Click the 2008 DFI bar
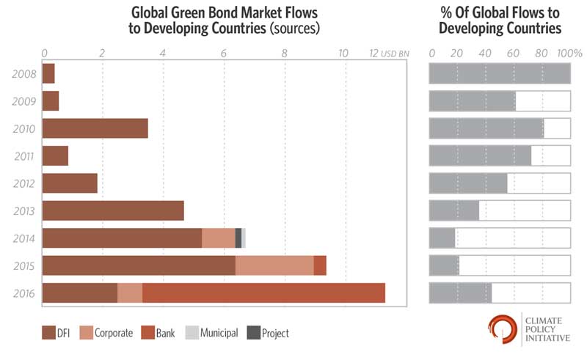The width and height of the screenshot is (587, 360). click(x=48, y=73)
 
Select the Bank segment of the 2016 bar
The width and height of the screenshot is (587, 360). click(x=263, y=293)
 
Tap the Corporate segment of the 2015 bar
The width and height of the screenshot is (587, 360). click(x=274, y=265)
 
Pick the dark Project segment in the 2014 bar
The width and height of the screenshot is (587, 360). click(x=238, y=238)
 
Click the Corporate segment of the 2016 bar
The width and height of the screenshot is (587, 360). click(x=130, y=293)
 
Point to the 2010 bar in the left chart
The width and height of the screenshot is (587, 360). click(x=95, y=128)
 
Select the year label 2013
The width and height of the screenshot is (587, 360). click(x=24, y=211)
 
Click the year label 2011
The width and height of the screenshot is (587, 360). click(x=24, y=156)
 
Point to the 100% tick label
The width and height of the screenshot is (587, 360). click(x=569, y=54)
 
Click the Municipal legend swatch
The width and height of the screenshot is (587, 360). click(x=189, y=333)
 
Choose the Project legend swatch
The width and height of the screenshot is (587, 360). click(x=254, y=333)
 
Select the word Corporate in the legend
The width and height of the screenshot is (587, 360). click(x=113, y=333)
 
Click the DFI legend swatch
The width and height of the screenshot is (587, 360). click(x=49, y=333)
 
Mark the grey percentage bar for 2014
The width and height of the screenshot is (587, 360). click(x=442, y=238)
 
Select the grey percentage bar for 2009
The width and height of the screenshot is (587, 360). click(x=472, y=100)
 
